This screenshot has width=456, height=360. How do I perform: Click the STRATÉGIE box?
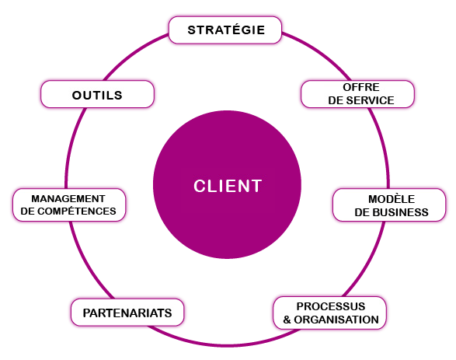pyautogui.click(x=225, y=30)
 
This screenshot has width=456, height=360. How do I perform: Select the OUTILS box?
pyautogui.click(x=97, y=94)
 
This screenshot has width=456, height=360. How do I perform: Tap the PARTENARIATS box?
pyautogui.click(x=127, y=313)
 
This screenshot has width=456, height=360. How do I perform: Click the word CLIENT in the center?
pyautogui.click(x=228, y=186)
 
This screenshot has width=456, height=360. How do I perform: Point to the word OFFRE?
pyautogui.click(x=361, y=87)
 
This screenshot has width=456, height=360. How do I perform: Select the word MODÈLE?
pyautogui.click(x=392, y=199)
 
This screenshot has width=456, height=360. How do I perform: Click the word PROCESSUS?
pyautogui.click(x=331, y=306)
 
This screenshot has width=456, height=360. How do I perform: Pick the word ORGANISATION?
pyautogui.click(x=336, y=320)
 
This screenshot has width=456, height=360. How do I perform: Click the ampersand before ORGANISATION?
pyautogui.click(x=287, y=320)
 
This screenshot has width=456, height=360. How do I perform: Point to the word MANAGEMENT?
pyautogui.click(x=68, y=198)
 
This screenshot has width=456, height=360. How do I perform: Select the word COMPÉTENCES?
pyautogui.click(x=77, y=211)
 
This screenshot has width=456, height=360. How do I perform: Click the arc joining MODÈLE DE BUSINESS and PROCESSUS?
pyautogui.click(x=369, y=262)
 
